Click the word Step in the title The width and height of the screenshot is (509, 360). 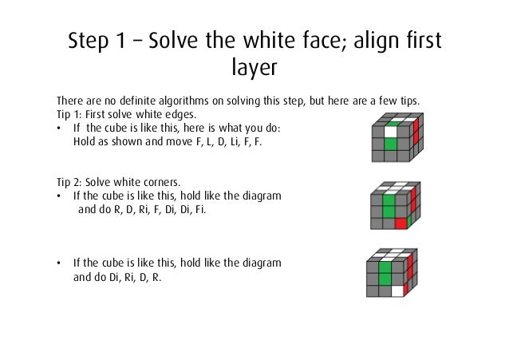tap(88, 40)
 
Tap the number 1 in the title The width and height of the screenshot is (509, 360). tap(120, 40)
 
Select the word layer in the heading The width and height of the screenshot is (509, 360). tap(254, 67)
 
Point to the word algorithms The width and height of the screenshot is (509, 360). tap(183, 101)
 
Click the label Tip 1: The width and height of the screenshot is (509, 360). tap(69, 115)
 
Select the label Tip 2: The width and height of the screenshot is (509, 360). tap(69, 182)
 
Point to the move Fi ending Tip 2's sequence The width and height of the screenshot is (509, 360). tap(200, 210)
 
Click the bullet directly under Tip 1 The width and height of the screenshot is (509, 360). tap(59, 129)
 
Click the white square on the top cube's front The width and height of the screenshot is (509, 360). tap(390, 132)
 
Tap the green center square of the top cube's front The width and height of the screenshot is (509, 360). tap(390, 144)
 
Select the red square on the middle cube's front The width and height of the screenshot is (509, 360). tap(401, 224)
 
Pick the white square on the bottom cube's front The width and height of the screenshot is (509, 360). tap(397, 291)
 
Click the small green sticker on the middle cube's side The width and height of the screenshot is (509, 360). tap(409, 220)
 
